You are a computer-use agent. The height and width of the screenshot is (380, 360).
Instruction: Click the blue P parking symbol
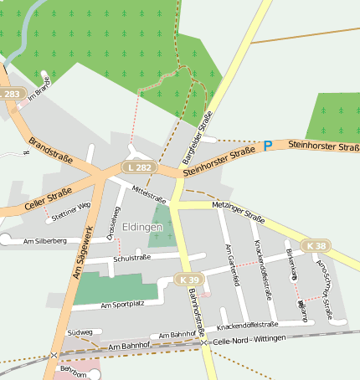point(268,146)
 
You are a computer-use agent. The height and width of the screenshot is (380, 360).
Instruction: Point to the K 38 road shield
point(316,245)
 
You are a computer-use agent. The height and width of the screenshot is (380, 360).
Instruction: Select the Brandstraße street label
point(51,150)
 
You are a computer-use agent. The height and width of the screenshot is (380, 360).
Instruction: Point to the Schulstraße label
point(131,258)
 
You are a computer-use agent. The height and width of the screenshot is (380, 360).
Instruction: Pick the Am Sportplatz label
point(122,306)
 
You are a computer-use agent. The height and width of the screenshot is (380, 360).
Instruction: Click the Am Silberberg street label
point(45,241)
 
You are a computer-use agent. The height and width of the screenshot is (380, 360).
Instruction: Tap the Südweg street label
point(79,332)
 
